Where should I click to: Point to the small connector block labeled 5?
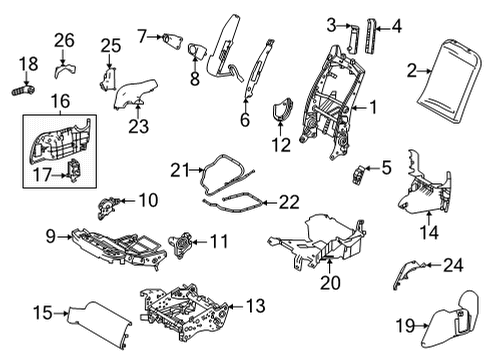coord(359,178)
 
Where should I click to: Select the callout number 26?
coord(64,40)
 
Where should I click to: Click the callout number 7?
coord(142,37)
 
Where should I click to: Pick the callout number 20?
coord(328,282)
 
